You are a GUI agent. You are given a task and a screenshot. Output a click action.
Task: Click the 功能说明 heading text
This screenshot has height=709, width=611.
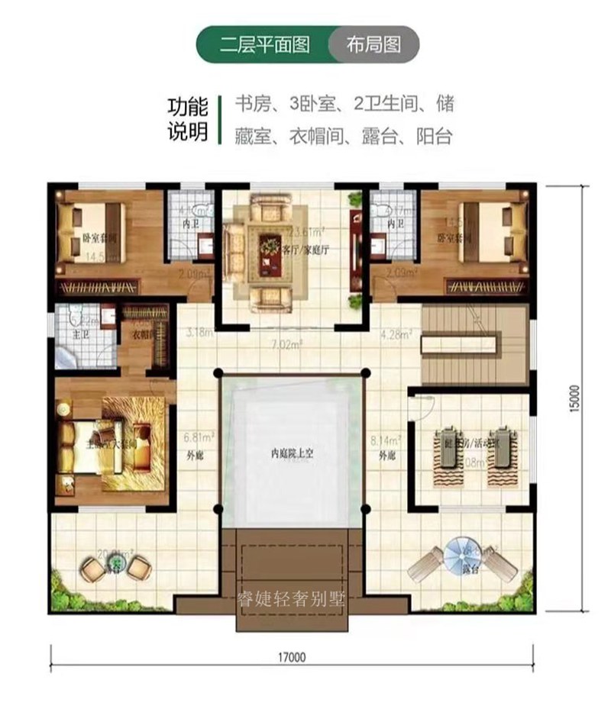(x=187, y=120)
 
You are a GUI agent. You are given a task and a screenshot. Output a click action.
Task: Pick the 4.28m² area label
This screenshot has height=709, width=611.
(x=396, y=334)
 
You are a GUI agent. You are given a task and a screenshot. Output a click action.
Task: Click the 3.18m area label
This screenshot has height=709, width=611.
(x=200, y=333)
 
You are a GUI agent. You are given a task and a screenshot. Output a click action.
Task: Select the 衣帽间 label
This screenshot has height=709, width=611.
(x=144, y=334)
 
